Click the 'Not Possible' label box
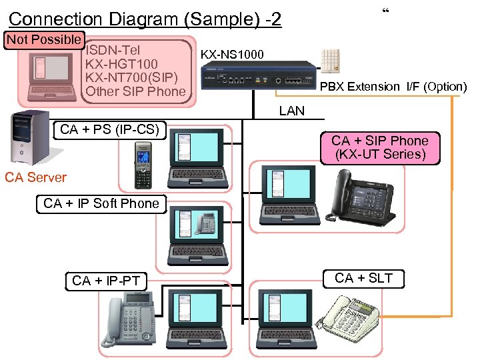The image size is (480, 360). point(44,39)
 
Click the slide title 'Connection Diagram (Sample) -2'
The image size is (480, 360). point(145,19)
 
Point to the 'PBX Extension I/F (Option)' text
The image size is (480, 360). point(393,87)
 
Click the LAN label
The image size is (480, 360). point(292,111)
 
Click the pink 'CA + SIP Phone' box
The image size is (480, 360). point(380,147)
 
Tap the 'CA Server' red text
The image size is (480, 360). point(35,177)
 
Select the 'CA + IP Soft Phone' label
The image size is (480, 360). point(101,203)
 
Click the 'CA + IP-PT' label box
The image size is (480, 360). point(106,281)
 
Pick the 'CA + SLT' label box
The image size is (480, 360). point(364,278)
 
